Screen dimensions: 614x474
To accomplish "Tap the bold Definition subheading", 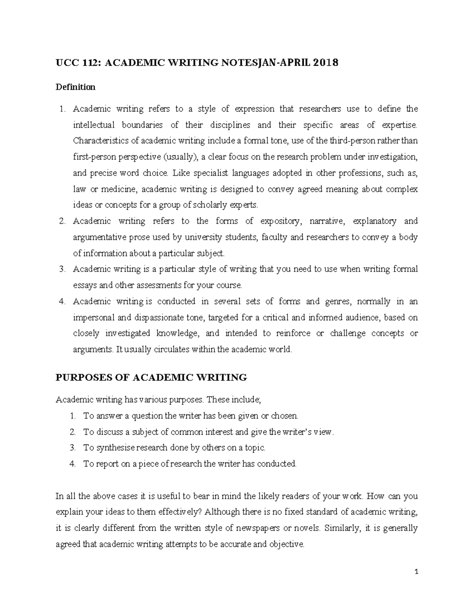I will point(75,87).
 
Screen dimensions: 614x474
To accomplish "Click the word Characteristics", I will point(97,141).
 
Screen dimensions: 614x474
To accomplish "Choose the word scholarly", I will point(207,205).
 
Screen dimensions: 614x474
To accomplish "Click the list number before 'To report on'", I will point(72,464).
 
